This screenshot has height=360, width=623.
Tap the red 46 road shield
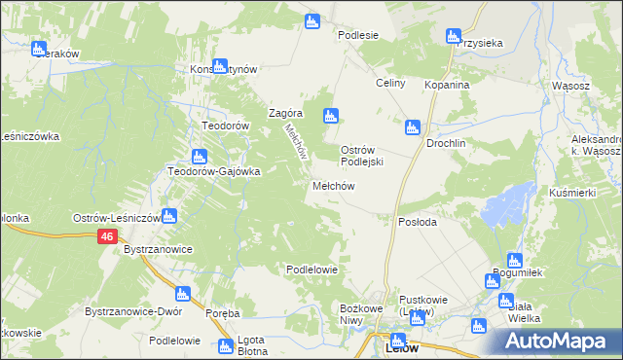[x=107, y=236]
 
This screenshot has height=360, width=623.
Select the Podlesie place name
[x=357, y=35]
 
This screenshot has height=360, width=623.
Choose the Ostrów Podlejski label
[x=364, y=156]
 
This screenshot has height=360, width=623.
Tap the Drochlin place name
[x=447, y=143]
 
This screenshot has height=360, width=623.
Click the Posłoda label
[x=418, y=222]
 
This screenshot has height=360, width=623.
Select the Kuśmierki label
[x=571, y=193]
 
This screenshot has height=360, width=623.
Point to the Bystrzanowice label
[x=158, y=250]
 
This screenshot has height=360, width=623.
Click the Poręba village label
[x=223, y=313]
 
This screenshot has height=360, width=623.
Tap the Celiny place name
[x=390, y=84]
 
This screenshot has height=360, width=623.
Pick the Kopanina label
[x=447, y=86]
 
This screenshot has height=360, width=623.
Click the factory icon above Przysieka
[x=453, y=37]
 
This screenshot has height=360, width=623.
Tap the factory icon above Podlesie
[x=311, y=20]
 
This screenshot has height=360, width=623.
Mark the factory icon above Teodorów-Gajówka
[x=200, y=156]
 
